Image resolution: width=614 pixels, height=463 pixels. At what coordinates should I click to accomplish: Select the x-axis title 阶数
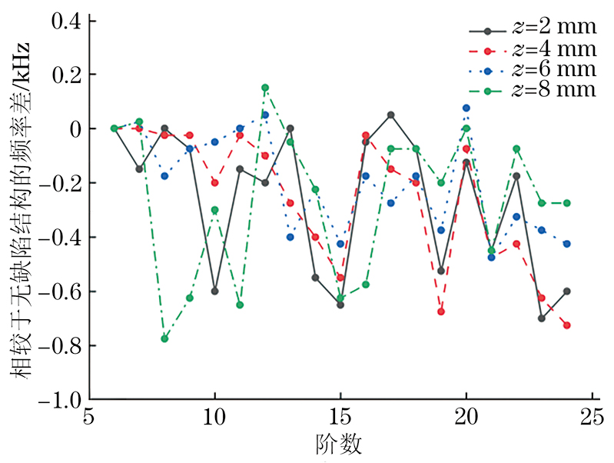click(340, 445)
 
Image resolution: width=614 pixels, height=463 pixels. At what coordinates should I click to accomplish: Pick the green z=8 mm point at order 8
click(164, 338)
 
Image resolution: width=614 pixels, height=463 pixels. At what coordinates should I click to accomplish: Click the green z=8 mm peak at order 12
click(265, 88)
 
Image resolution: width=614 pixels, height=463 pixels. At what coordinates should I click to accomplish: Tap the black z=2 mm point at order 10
click(214, 291)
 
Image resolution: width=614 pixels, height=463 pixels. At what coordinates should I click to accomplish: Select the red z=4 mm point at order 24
click(566, 325)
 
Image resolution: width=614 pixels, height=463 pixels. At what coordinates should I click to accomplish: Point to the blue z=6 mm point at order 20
click(466, 108)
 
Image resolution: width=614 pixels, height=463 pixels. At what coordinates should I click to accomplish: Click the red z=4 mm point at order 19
click(441, 311)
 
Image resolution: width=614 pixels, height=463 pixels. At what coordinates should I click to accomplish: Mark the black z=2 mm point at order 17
click(390, 115)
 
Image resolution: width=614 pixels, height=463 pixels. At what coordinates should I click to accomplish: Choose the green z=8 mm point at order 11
click(240, 305)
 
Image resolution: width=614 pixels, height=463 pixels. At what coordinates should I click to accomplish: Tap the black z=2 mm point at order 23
click(541, 318)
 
